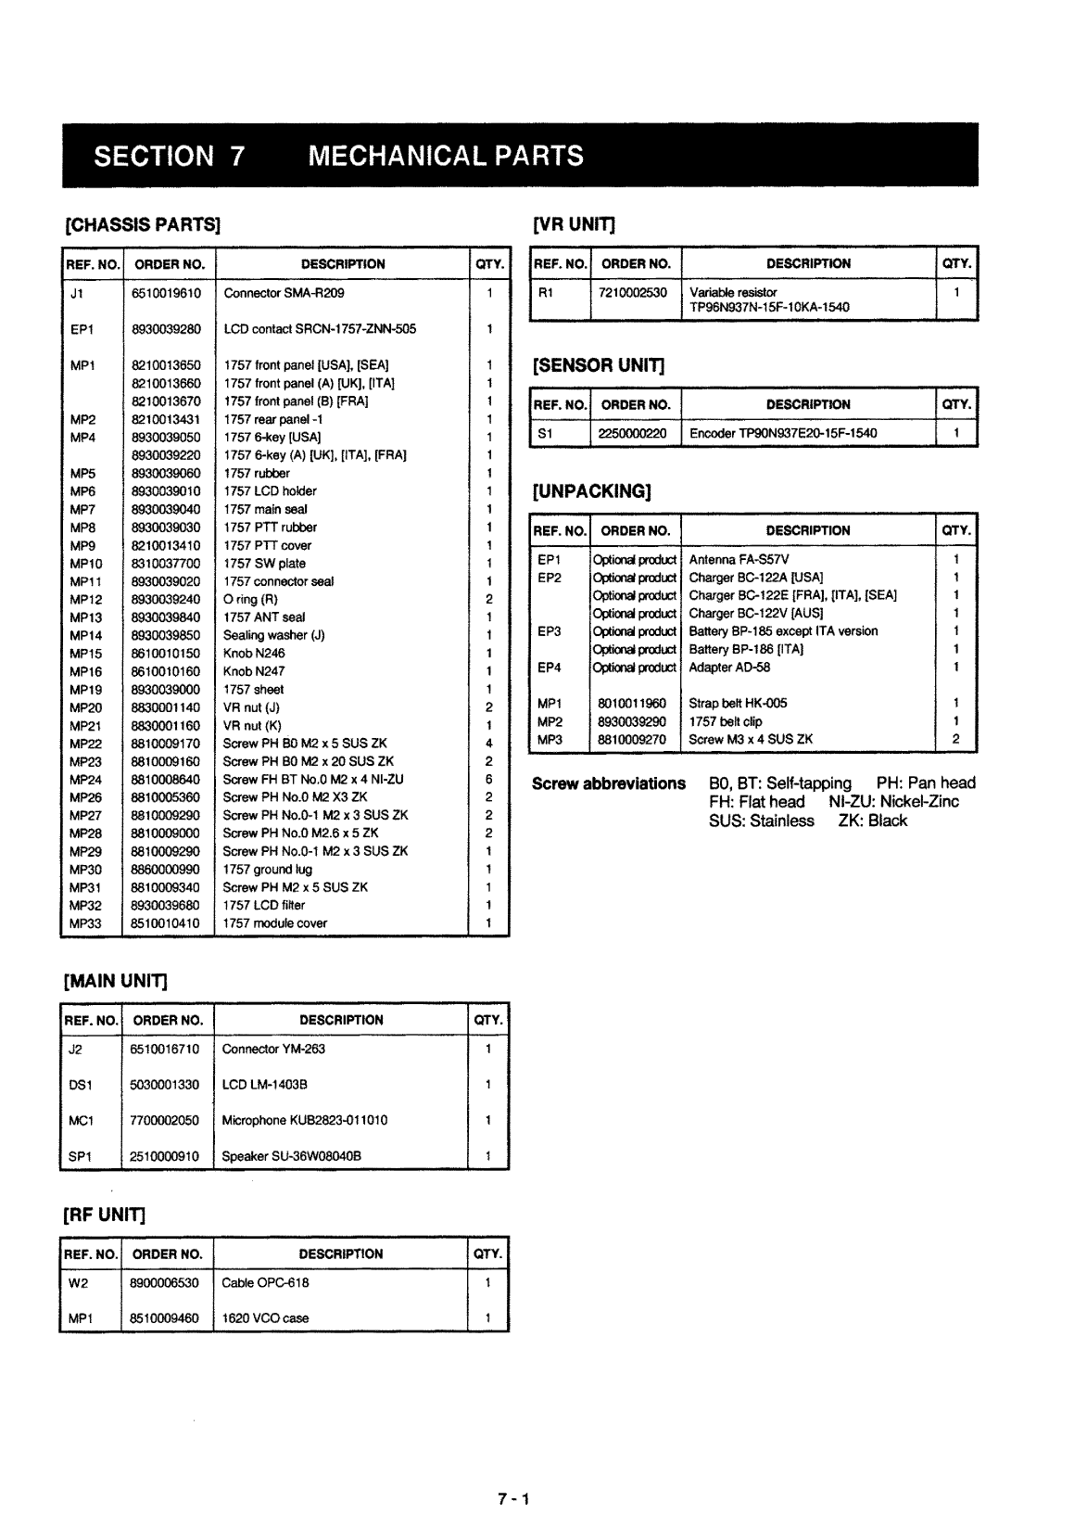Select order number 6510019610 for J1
(x=166, y=293)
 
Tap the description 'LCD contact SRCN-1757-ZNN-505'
(x=320, y=329)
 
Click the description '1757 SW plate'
(x=264, y=564)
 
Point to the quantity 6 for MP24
(x=488, y=780)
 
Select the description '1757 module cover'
(x=275, y=923)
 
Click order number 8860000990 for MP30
(x=166, y=870)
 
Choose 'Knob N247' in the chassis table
(x=254, y=671)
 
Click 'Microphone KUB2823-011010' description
(x=305, y=1121)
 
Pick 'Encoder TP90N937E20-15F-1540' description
(x=783, y=433)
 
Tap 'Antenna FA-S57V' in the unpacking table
(x=739, y=559)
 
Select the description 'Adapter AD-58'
(x=729, y=668)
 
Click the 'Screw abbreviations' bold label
(x=609, y=783)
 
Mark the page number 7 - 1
(x=512, y=1499)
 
